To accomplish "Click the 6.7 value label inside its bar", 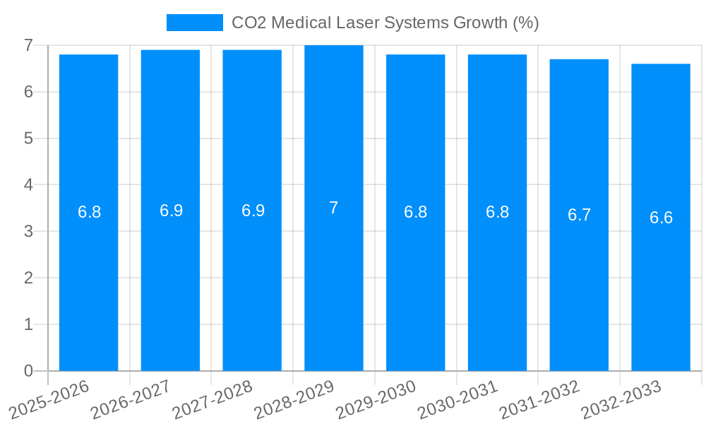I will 579,216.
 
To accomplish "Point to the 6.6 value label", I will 661,218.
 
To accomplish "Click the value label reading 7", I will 334,208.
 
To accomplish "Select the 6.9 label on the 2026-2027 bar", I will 171,211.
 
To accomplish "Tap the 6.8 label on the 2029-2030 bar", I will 415,212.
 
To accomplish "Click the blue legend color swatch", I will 194,23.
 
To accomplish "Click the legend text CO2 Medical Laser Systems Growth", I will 385,23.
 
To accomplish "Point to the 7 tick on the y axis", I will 28,45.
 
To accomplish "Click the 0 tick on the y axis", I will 28,371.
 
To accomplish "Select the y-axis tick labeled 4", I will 28,185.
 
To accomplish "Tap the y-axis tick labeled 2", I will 28,278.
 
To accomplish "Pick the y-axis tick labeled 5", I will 28,139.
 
